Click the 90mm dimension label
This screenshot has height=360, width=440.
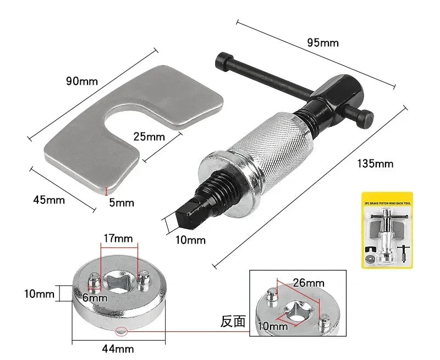coord(81,81)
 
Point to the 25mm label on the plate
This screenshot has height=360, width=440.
coord(148,136)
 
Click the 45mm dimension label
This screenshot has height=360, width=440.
coord(48,200)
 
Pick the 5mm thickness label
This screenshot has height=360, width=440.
coord(121,202)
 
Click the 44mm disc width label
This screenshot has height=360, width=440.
coord(118,348)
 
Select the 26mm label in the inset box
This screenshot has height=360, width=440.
coord(309,283)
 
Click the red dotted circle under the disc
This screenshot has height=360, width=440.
coord(120,331)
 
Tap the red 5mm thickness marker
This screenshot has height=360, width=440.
coord(106,191)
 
